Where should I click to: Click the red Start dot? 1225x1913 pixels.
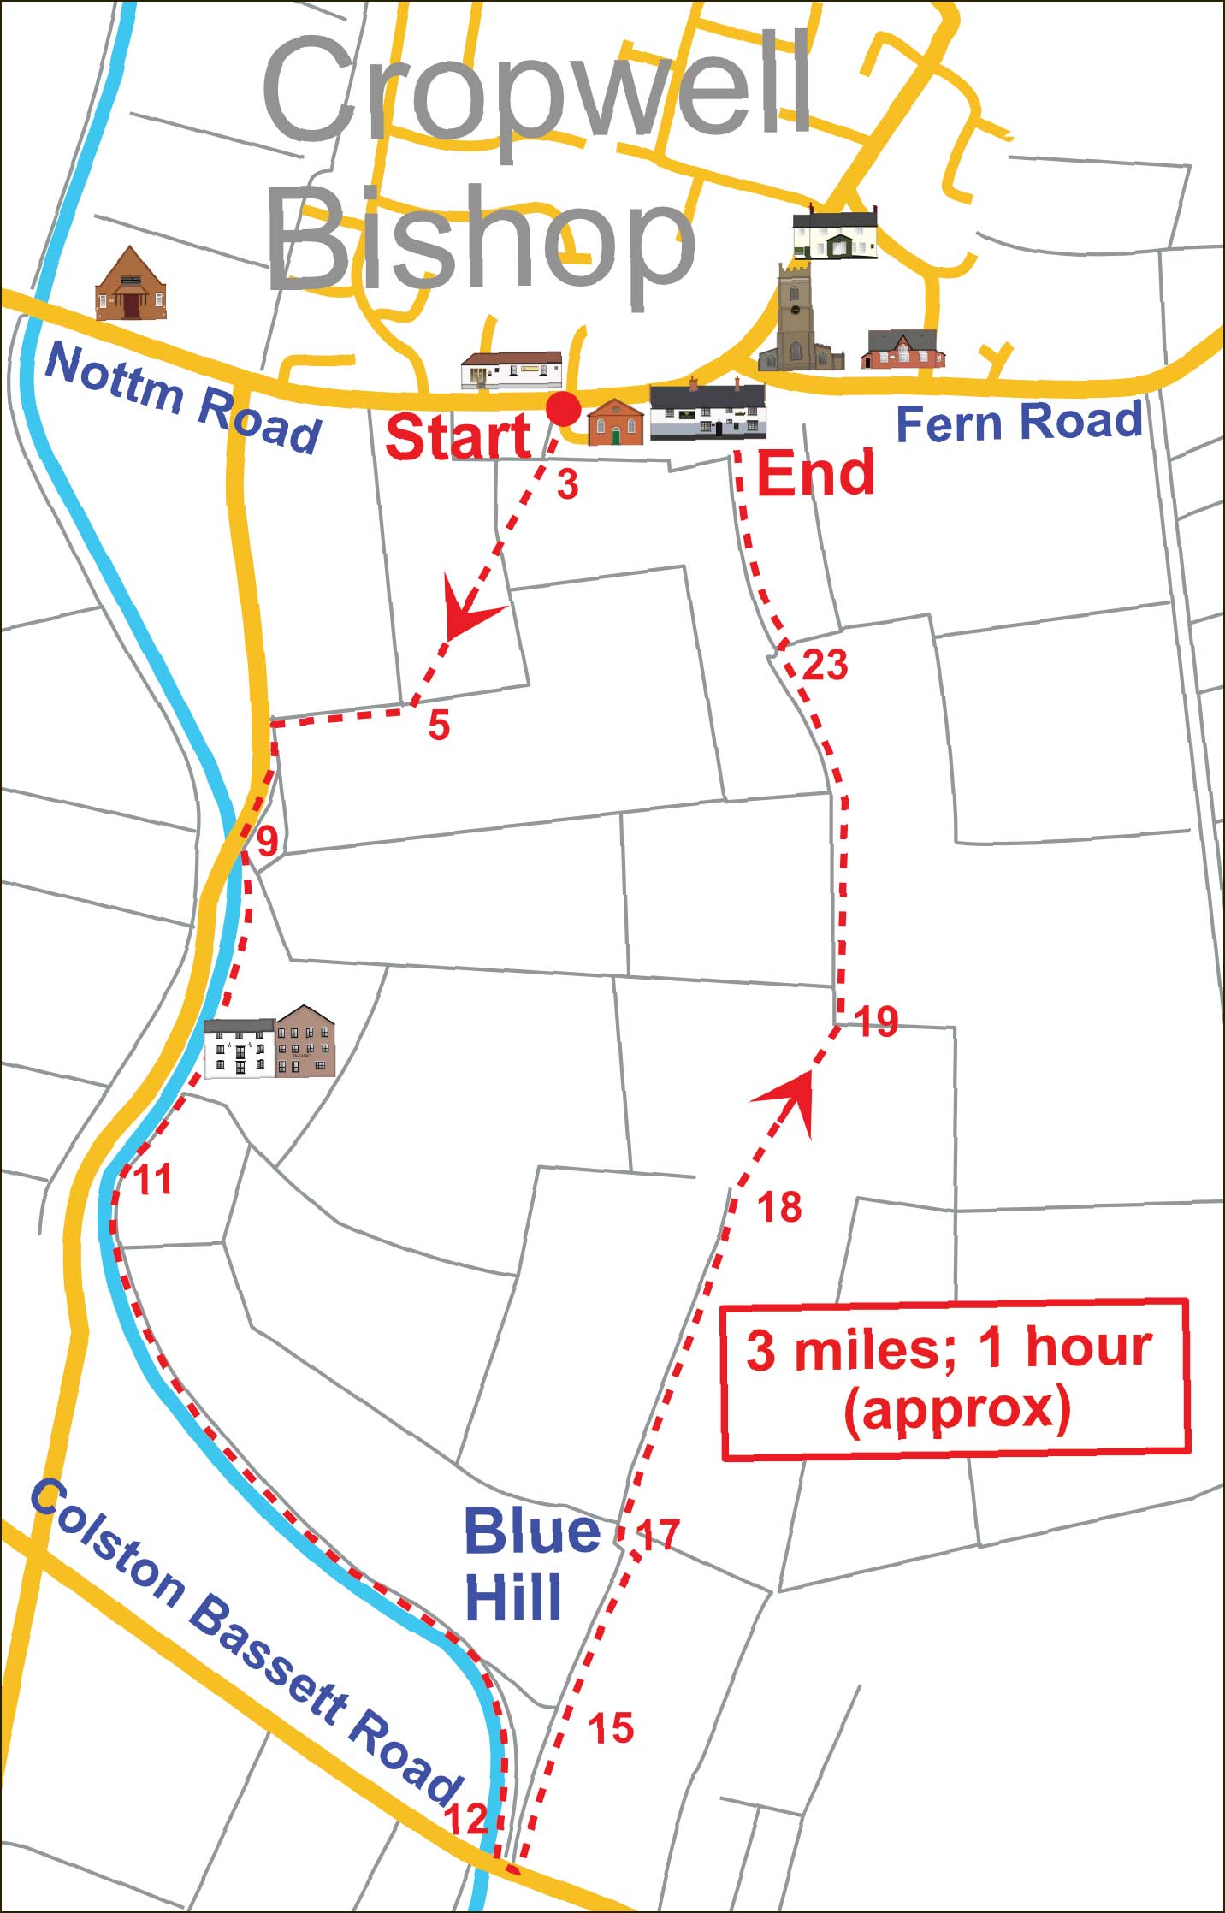[563, 409]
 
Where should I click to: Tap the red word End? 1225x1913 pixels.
[816, 473]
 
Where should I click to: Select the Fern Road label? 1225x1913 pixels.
[1019, 422]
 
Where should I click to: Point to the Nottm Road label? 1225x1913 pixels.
[182, 398]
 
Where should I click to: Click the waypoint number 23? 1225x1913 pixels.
[825, 665]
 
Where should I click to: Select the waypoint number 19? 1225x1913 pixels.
[876, 1022]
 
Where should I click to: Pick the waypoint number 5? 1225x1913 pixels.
[439, 726]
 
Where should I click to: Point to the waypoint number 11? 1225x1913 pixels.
[154, 1180]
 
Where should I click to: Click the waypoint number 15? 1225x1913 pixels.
[611, 1704]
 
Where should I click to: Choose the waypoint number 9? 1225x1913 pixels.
[268, 841]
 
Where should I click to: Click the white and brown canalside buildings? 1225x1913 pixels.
[269, 1042]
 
